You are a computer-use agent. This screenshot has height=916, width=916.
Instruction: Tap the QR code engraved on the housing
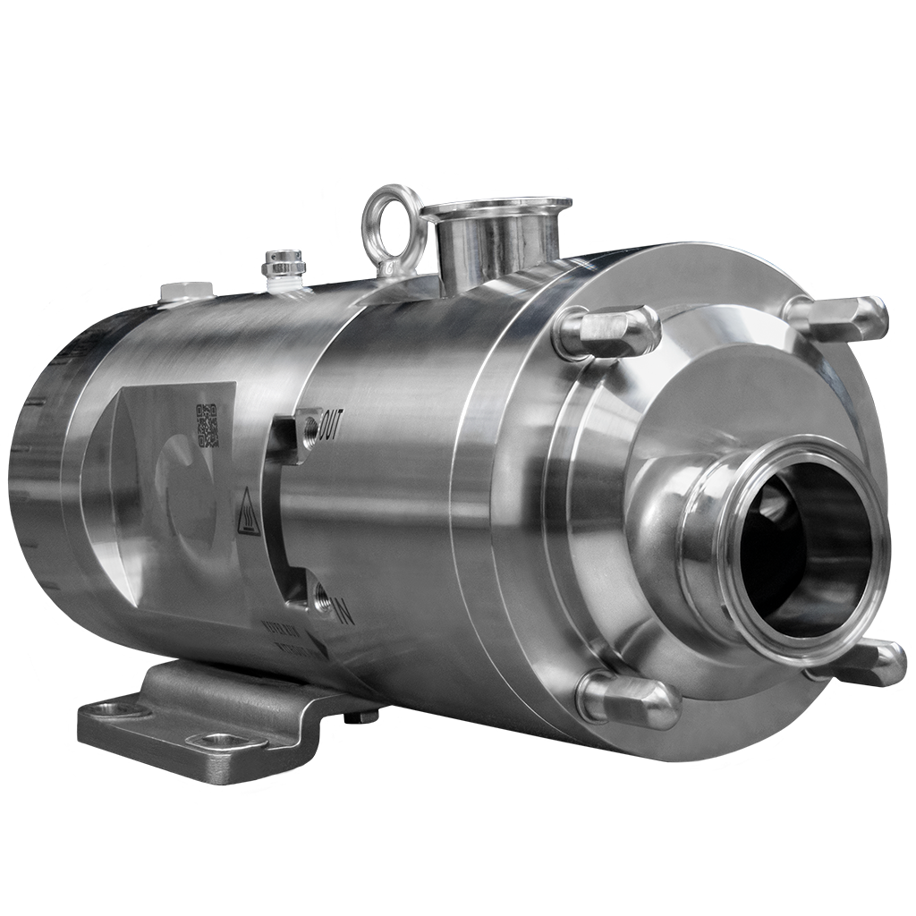tap(208, 425)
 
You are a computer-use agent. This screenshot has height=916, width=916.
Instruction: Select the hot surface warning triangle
tap(248, 512)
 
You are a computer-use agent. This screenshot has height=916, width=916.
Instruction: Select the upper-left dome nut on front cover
tap(608, 331)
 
